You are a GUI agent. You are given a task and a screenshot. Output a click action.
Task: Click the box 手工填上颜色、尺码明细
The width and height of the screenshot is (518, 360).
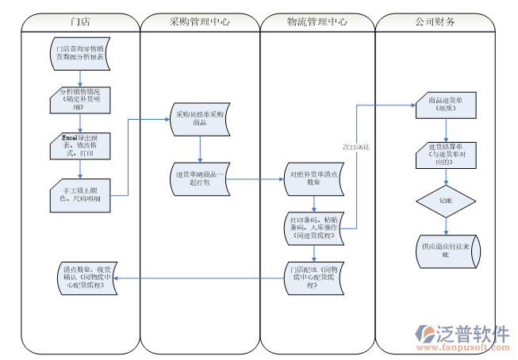80,193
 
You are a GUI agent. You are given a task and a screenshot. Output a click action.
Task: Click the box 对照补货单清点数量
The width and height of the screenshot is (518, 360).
315,178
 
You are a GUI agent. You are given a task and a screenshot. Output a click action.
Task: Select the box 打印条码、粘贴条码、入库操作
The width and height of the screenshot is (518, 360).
315,227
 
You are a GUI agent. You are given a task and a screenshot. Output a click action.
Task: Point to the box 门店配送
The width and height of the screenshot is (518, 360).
315,276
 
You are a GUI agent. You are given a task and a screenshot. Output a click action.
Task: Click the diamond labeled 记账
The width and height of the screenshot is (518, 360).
445,201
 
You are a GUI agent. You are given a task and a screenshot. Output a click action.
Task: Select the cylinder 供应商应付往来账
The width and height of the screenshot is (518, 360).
445,250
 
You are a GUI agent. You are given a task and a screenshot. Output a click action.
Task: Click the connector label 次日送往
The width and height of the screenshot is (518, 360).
357,147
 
